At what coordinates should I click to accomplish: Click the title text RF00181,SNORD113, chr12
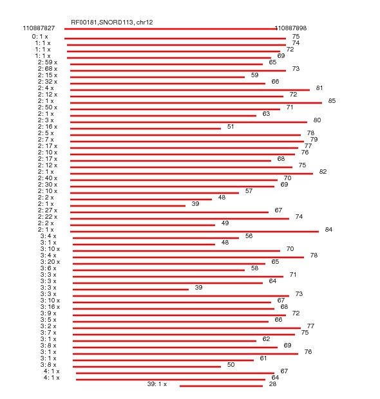(112, 23)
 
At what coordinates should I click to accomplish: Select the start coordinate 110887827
(39, 28)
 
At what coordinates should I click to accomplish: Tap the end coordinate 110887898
(290, 28)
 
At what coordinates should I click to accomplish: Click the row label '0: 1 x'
(40, 37)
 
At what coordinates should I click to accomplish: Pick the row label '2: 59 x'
(48, 62)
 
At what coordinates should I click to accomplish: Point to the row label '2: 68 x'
(48, 69)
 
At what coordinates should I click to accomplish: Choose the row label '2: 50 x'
(48, 107)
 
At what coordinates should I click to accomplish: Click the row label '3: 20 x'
(50, 262)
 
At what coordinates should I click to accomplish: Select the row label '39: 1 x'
(157, 384)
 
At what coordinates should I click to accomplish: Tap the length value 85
(332, 101)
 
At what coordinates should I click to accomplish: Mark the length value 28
(272, 384)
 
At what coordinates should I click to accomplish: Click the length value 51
(231, 127)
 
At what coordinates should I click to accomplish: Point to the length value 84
(328, 230)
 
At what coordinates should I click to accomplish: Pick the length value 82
(323, 172)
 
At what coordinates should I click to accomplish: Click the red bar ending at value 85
(196, 103)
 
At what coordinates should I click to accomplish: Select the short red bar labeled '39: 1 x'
(221, 386)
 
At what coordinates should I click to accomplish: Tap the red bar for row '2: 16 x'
(146, 129)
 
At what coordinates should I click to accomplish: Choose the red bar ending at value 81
(190, 90)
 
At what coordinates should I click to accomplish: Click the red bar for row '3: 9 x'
(179, 315)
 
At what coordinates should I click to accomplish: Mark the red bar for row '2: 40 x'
(174, 180)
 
